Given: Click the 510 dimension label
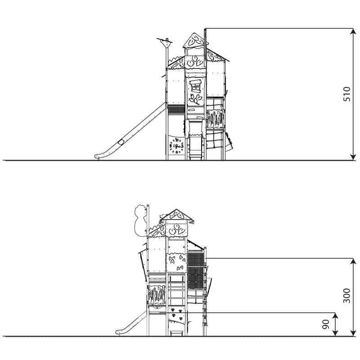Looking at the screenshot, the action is [346, 94].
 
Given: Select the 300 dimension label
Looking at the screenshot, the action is [346, 296].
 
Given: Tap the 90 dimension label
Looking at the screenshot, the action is [326, 324].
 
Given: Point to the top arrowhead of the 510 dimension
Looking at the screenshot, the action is [353, 31].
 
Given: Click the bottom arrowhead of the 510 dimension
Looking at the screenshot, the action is [353, 157].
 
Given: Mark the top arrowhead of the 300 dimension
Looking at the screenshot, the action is [353, 261].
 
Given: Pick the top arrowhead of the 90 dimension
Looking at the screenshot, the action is [335, 316].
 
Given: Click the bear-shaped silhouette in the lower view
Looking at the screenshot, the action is [140, 220].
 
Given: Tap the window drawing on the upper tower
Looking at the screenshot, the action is [195, 86].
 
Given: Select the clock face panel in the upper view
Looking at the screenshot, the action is [176, 146].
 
